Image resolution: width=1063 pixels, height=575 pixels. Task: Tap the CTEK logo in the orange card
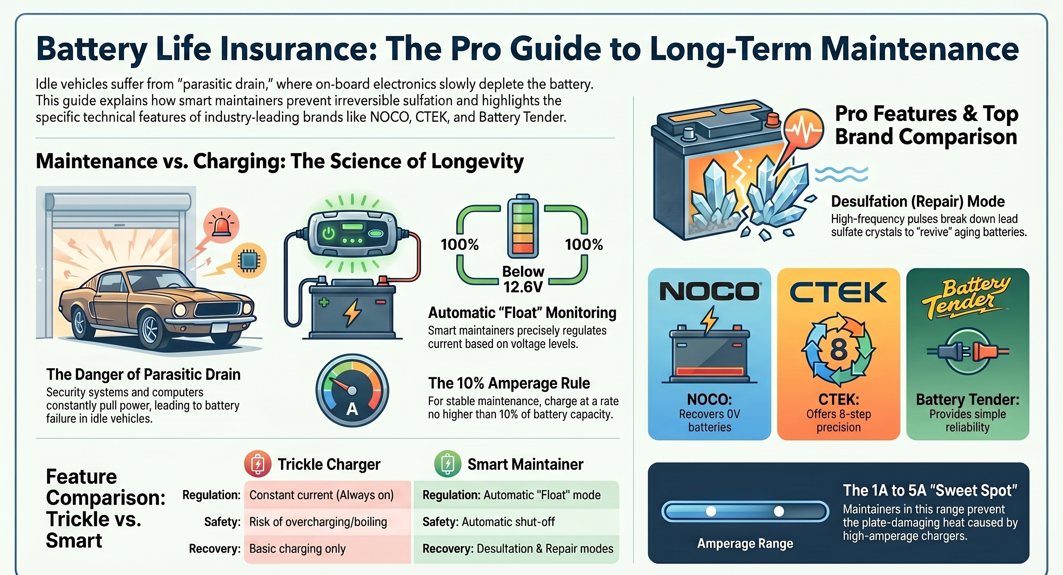point(838,292)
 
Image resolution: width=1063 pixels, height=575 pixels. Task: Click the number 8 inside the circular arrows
point(838,350)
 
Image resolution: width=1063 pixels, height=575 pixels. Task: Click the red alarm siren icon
point(221,225)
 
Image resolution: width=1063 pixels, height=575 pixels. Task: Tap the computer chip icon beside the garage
point(249,260)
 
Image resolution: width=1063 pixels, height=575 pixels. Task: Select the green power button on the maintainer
point(328,234)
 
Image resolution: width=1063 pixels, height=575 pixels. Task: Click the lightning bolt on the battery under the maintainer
point(352,312)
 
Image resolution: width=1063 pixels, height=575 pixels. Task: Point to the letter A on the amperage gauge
point(352,409)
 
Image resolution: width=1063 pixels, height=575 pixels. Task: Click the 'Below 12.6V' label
point(523,279)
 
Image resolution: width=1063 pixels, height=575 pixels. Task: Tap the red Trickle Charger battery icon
point(258,464)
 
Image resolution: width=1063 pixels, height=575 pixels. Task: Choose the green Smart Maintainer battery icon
point(447,464)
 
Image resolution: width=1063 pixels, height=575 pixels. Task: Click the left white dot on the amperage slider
point(711,511)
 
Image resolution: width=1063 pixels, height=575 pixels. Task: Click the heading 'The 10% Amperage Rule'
point(509,383)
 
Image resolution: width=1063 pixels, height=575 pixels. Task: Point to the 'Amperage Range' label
point(745,544)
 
